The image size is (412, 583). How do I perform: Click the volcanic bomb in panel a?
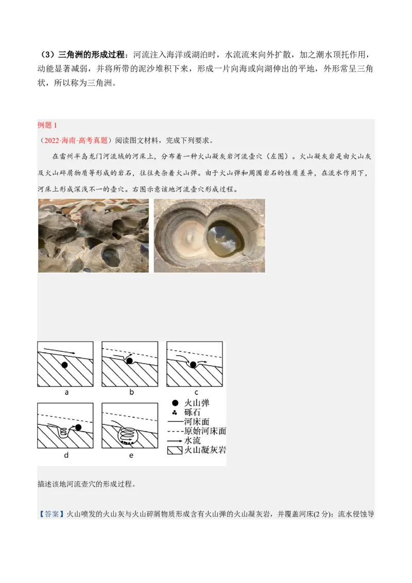(x=64, y=365)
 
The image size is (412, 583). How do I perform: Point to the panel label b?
(x=131, y=392)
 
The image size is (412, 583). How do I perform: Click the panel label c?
(x=196, y=392)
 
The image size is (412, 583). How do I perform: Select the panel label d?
(x=66, y=455)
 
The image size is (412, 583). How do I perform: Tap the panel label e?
(x=131, y=455)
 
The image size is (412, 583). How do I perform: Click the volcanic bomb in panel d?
(x=79, y=427)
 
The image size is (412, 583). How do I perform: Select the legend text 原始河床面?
(x=205, y=431)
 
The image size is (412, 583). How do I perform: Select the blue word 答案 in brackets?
(x=51, y=514)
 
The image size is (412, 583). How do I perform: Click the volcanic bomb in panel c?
(x=193, y=365)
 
